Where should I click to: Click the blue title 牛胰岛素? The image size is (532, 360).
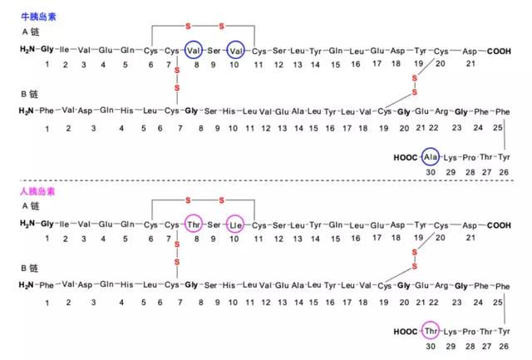pyautogui.click(x=38, y=17)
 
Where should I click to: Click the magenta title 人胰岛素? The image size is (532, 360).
pyautogui.click(x=37, y=191)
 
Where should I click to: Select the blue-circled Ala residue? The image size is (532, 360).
pyautogui.click(x=431, y=157)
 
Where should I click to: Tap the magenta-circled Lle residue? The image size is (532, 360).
pyautogui.click(x=235, y=224)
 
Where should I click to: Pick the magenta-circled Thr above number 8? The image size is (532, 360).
pyautogui.click(x=194, y=224)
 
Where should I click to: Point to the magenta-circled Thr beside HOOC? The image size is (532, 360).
pyautogui.click(x=431, y=330)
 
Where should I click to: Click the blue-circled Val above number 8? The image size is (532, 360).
pyautogui.click(x=194, y=50)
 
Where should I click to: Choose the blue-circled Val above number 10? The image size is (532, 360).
pyautogui.click(x=235, y=51)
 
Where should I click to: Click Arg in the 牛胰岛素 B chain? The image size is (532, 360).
pyautogui.click(x=441, y=111)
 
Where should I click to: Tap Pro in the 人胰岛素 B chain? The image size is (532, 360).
pyautogui.click(x=469, y=332)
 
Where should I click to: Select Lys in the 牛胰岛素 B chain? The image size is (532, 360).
pyautogui.click(x=451, y=158)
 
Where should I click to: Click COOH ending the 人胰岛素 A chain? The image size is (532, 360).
pyautogui.click(x=499, y=225)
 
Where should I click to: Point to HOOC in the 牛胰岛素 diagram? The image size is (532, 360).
pyautogui.click(x=405, y=157)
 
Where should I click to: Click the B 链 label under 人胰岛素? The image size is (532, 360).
pyautogui.click(x=30, y=268)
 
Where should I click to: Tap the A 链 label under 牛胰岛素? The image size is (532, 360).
pyautogui.click(x=31, y=32)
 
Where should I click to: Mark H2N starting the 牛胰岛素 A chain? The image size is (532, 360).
pyautogui.click(x=27, y=50)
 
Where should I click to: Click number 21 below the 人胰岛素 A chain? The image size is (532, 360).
pyautogui.click(x=470, y=238)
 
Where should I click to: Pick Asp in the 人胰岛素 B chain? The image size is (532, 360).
pyautogui.click(x=85, y=285)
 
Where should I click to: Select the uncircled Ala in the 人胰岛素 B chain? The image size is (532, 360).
pyautogui.click(x=298, y=285)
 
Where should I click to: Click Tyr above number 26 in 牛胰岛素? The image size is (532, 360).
pyautogui.click(x=504, y=157)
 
